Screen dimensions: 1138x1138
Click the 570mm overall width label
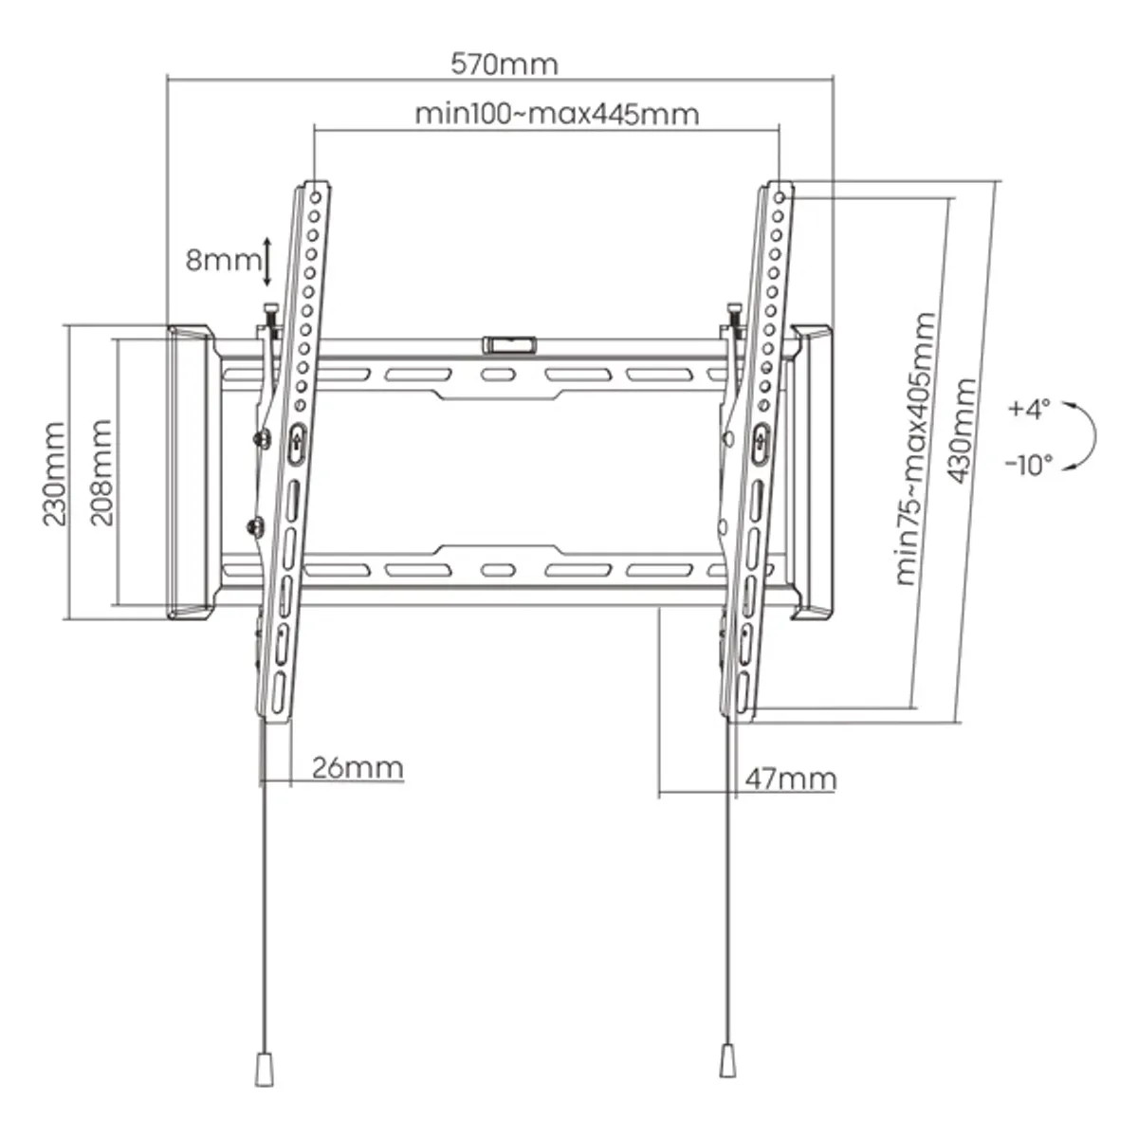[504, 64]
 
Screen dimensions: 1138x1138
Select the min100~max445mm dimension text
[557, 114]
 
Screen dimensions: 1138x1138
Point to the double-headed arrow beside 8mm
[267, 262]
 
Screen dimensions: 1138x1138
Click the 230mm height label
[53, 474]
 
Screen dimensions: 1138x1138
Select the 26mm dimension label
[358, 766]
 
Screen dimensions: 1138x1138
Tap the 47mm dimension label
[790, 780]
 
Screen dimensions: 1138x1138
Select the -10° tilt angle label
[1028, 465]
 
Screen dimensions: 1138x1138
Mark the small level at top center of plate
[510, 343]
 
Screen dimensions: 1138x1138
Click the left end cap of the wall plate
[190, 472]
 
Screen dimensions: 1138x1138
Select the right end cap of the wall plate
[812, 472]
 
